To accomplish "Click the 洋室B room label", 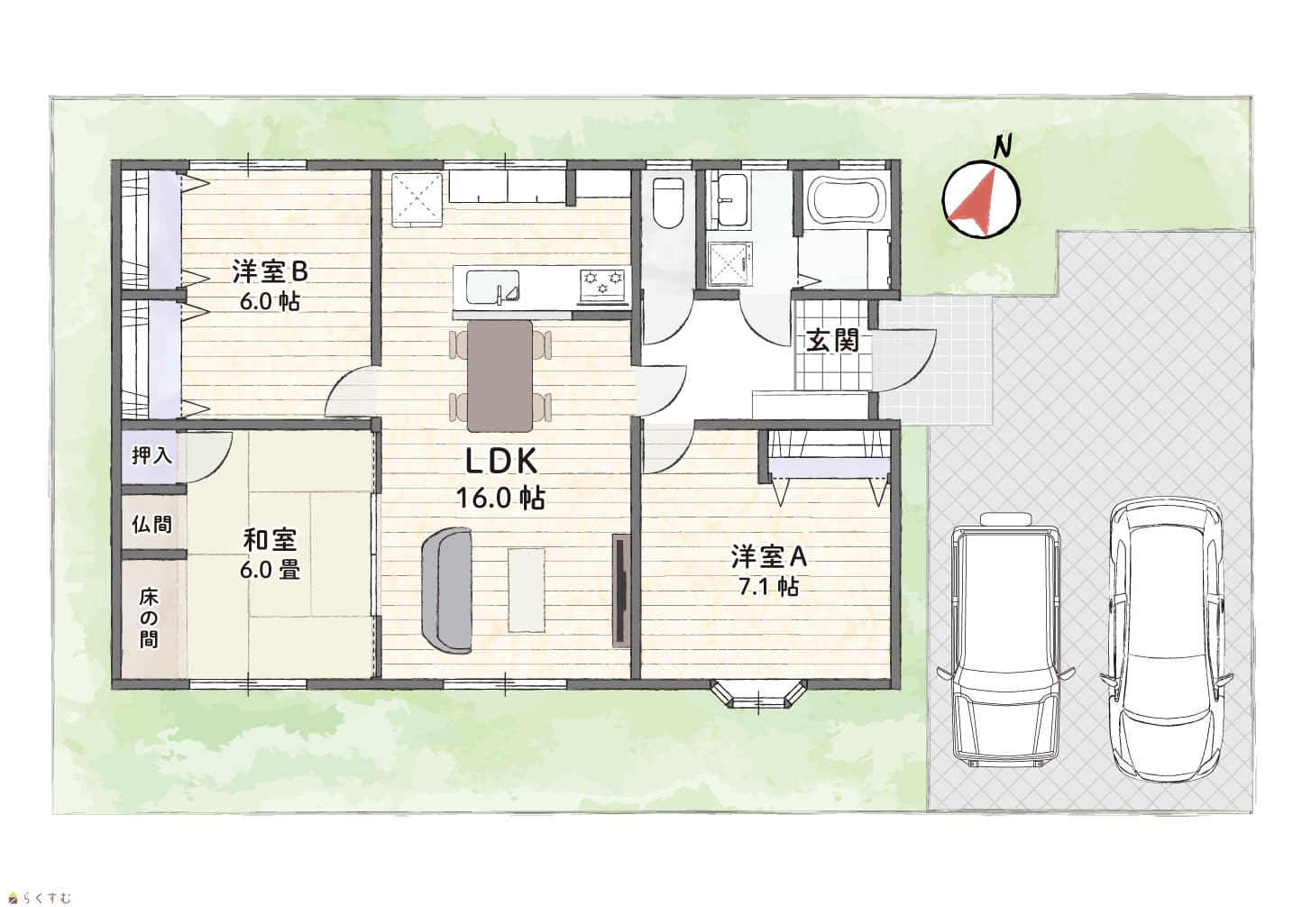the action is tap(270, 270).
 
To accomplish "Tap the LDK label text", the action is tap(501, 463).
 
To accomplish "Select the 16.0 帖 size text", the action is tap(500, 498).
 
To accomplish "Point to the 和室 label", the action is tap(269, 540).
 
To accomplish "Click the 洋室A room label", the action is tap(768, 556).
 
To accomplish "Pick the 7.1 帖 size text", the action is tap(768, 587).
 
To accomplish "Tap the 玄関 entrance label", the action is tap(831, 341).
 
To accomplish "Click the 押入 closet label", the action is tap(151, 455).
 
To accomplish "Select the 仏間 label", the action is tap(151, 524).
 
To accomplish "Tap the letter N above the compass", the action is tap(1002, 146).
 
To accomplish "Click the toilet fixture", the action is tap(667, 203).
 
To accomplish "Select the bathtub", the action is tap(848, 199).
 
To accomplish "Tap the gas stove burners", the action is tap(603, 285).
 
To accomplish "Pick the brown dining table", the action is tap(500, 376).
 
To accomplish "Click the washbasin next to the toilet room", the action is tap(727, 201).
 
